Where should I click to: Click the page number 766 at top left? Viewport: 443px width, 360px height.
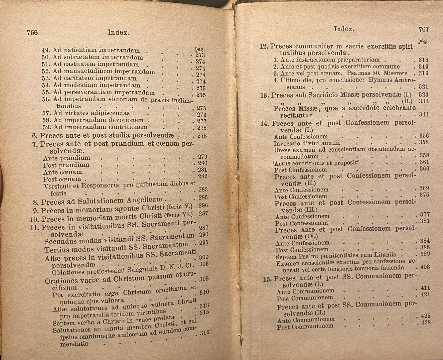pos(32,32)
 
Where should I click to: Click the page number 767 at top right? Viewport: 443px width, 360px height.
pos(423,29)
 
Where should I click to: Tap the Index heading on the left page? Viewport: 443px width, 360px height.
pos(118,32)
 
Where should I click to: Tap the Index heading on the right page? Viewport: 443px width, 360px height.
pos(344,29)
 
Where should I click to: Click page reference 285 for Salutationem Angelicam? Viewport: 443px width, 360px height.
pos(203,198)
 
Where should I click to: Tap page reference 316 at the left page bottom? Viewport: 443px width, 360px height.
pos(204,333)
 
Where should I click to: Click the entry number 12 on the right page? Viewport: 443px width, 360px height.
pos(264,47)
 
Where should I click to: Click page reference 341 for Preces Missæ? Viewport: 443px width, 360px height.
pos(424,115)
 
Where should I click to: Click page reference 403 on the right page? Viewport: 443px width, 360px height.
pos(425,267)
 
